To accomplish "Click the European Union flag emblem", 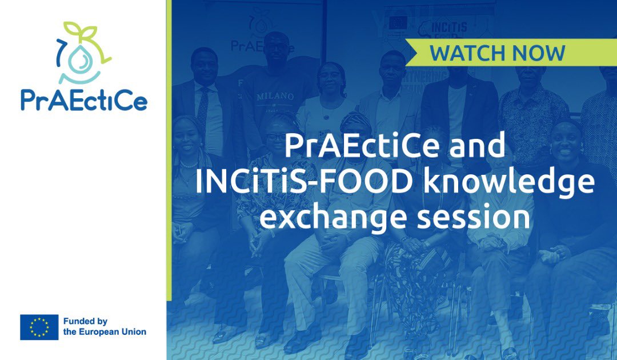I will (x=39, y=327).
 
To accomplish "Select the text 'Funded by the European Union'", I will (x=105, y=327).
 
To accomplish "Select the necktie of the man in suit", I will (x=202, y=109).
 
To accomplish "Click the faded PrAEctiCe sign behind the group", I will (x=263, y=46).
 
